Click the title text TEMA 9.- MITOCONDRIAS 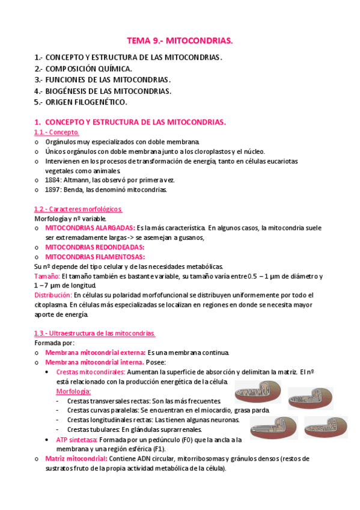[x=179, y=41]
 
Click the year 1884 [x=53, y=180]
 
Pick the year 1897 [x=53, y=189]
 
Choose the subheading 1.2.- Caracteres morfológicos [x=78, y=209]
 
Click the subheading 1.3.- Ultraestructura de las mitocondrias [x=95, y=333]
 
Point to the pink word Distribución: [x=53, y=295]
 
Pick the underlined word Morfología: [x=73, y=392]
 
